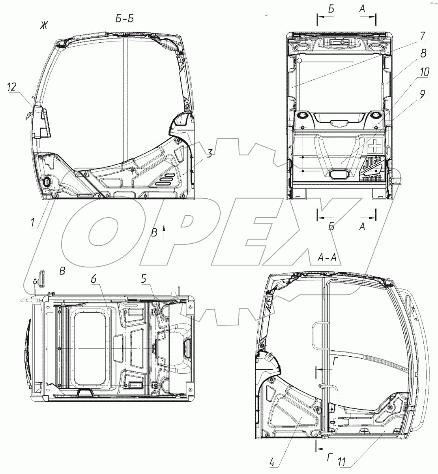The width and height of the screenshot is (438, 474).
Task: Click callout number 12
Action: (x=12, y=88)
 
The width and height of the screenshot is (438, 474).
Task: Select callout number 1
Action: (x=33, y=223)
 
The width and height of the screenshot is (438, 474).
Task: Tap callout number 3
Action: (x=209, y=154)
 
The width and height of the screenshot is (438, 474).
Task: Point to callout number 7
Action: (x=422, y=36)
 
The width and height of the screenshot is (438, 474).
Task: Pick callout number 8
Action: (x=423, y=53)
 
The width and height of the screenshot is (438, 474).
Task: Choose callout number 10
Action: (x=423, y=72)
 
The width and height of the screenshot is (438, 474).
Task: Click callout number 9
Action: (x=422, y=94)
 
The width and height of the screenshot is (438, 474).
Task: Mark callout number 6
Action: (x=94, y=279)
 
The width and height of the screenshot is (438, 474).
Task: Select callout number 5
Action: (x=144, y=279)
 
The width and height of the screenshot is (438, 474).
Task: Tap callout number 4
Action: (x=272, y=463)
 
